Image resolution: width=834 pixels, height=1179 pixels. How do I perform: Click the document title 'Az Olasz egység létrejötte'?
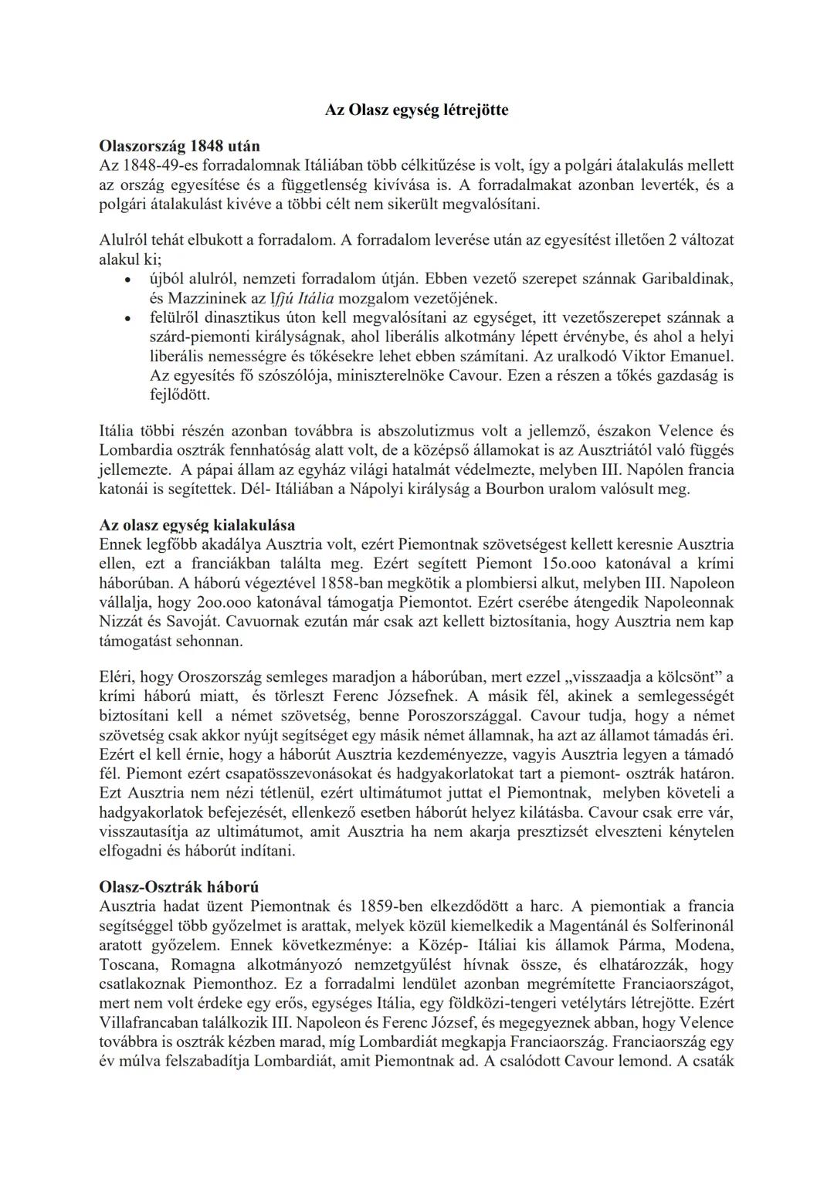[417, 110]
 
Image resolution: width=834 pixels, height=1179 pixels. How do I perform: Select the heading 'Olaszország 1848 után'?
[180, 146]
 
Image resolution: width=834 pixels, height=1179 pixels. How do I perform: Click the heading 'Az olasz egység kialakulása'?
[197, 525]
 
